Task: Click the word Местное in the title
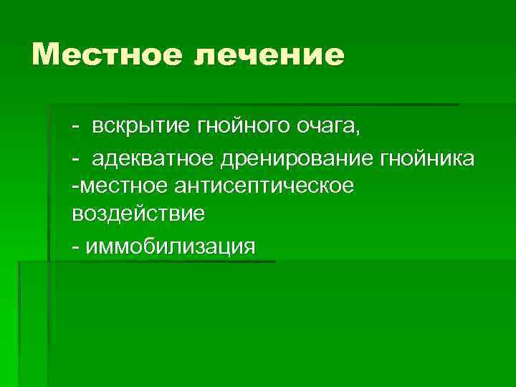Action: coord(107,55)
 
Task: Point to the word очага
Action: coord(325,129)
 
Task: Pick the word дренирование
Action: coord(279,159)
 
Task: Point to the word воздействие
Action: coord(138,214)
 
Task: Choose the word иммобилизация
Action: coord(169,247)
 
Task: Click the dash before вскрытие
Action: coord(75,129)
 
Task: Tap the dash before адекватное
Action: coord(75,159)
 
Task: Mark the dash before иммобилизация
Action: coord(75,248)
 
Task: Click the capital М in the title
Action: coord(49,55)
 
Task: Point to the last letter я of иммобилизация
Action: coord(249,248)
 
